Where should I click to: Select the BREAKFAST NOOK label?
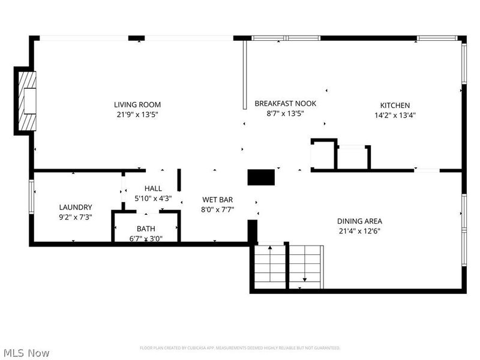tap(285, 103)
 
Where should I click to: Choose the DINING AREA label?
tap(359, 221)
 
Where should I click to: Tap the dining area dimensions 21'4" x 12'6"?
tap(359, 230)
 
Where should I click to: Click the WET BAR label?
tap(217, 200)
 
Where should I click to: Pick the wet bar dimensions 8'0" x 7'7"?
tap(217, 209)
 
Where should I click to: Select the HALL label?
tap(153, 188)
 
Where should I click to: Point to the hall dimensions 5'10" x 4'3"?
tap(153, 198)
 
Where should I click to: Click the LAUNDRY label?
tap(76, 208)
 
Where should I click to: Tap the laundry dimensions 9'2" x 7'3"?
tap(76, 217)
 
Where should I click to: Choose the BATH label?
tap(146, 229)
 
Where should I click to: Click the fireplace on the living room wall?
tap(26, 101)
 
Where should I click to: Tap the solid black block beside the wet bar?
tap(261, 177)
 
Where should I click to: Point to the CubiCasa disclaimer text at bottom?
tap(240, 348)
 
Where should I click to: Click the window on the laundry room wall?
tap(31, 196)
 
